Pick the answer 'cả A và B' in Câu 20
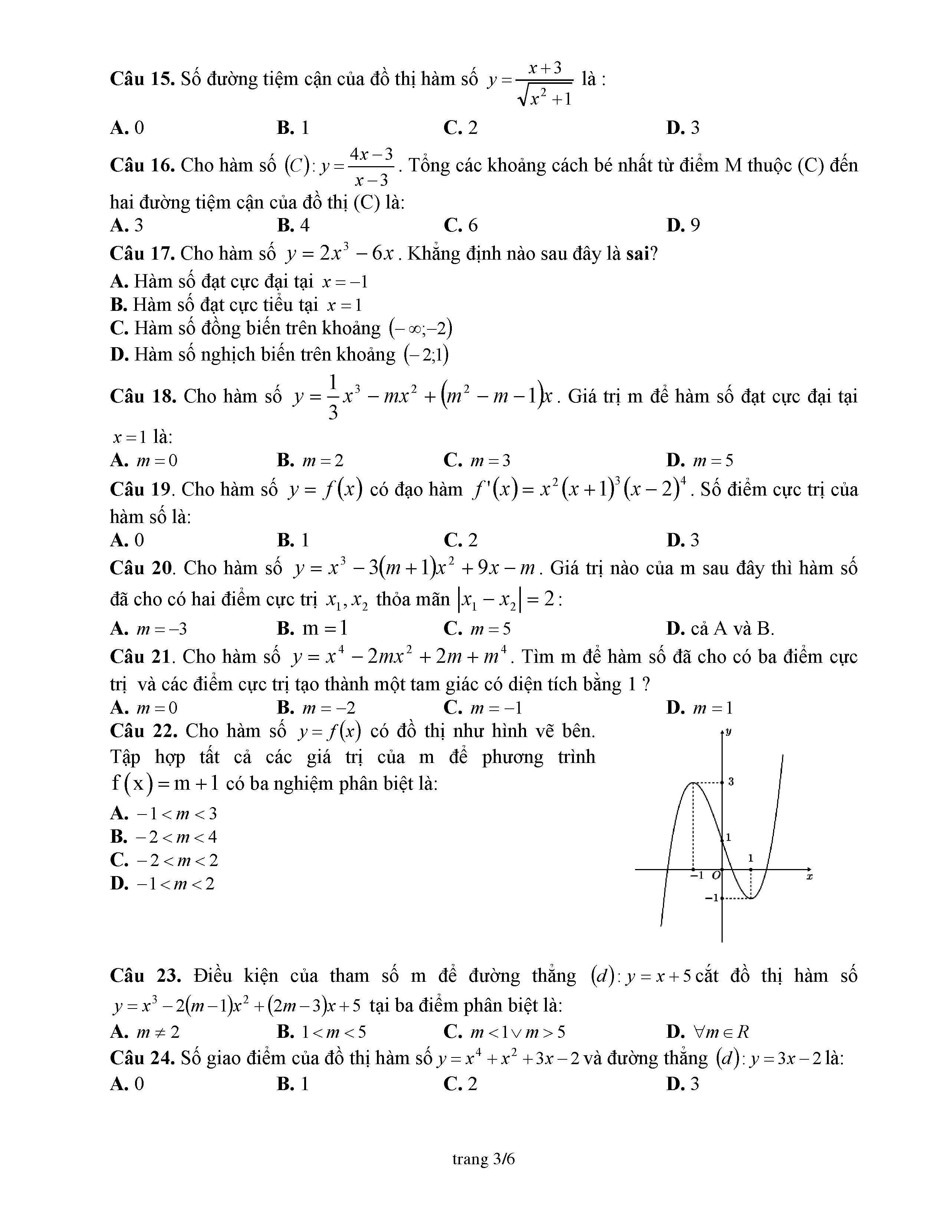pos(720,629)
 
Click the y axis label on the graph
pos(728,732)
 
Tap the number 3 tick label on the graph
pos(731,781)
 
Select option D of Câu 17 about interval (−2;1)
pos(280,355)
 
